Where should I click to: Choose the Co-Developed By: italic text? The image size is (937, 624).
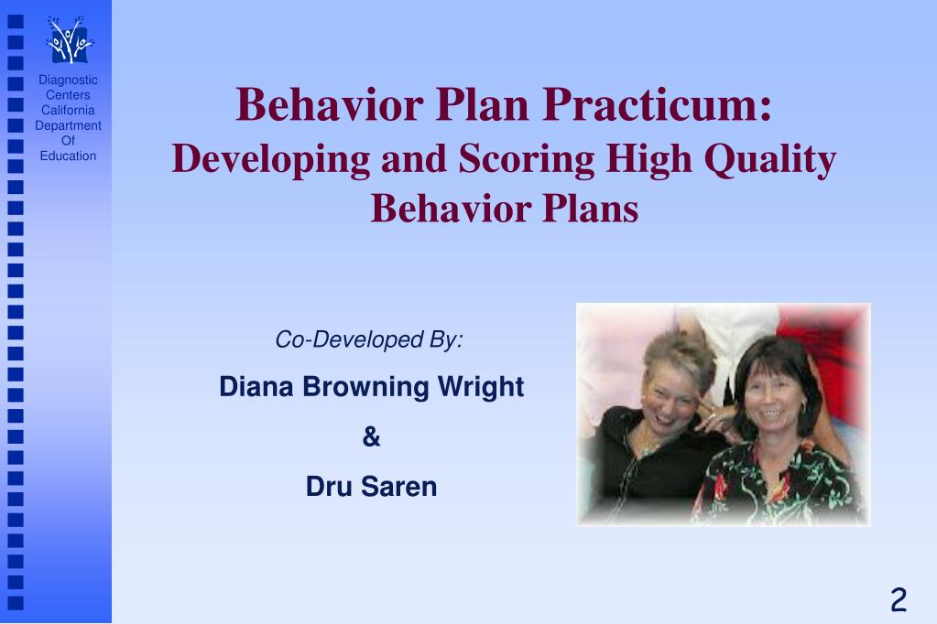coord(369,340)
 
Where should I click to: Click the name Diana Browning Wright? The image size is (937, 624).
coord(371,387)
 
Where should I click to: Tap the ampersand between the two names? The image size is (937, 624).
coord(371,437)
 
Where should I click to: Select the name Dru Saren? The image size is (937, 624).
coord(371,487)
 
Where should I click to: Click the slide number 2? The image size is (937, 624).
coord(898,600)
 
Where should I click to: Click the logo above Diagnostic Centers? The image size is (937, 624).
coord(69,41)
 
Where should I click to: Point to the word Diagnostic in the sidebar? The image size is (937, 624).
coord(68,81)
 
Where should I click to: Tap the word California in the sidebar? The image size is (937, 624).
coord(68,111)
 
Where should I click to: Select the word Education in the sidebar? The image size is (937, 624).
coord(68,156)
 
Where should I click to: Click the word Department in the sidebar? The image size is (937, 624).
coord(68,126)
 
